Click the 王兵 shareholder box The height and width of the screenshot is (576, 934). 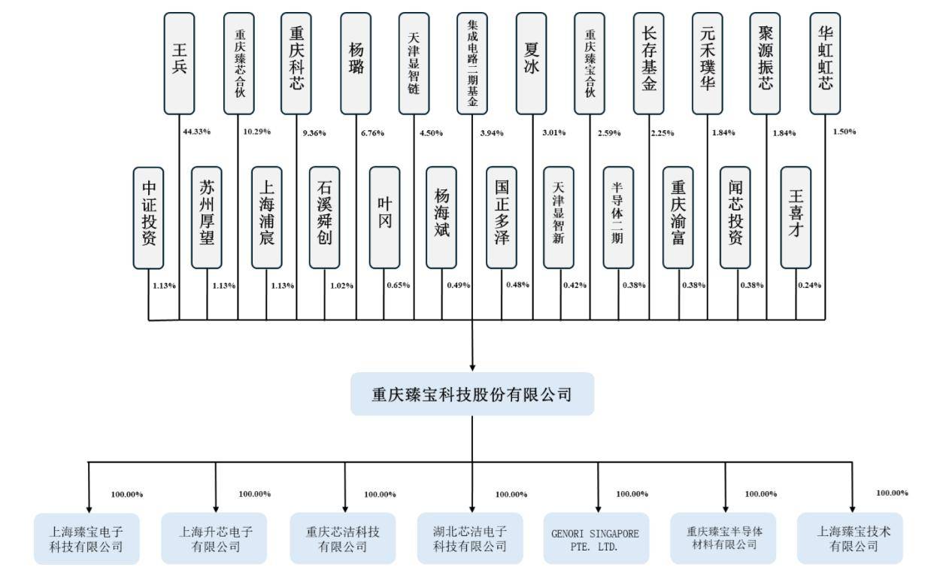(x=179, y=63)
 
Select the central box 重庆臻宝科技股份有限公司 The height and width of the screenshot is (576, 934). (x=472, y=394)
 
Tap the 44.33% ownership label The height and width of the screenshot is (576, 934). (x=197, y=132)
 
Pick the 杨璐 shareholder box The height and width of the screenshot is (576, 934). (x=356, y=63)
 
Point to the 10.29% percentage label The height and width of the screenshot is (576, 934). (x=256, y=132)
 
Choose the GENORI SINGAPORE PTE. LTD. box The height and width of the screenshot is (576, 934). (x=596, y=538)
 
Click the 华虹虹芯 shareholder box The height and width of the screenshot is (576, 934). (x=826, y=63)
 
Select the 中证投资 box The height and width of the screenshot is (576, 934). (x=148, y=217)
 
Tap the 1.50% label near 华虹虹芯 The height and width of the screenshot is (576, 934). (x=844, y=132)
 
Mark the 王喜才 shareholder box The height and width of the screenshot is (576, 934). (x=796, y=217)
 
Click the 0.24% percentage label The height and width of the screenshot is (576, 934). (x=809, y=286)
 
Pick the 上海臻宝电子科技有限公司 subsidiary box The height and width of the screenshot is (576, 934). (x=86, y=538)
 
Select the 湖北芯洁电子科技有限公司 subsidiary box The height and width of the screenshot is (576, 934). (x=471, y=538)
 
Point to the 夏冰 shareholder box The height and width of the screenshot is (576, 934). (x=532, y=63)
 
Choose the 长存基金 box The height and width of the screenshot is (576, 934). (x=649, y=63)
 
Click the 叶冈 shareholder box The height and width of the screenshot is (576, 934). (x=384, y=217)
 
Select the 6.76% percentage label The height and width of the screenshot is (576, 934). (x=371, y=133)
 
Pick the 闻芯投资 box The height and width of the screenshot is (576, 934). (x=735, y=217)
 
